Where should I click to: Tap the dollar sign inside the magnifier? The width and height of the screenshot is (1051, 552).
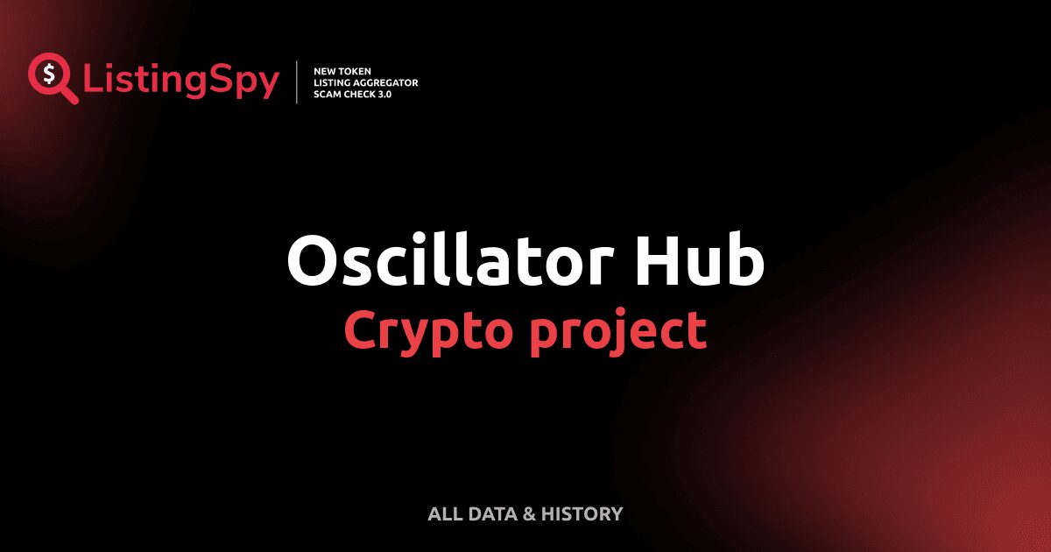coord(47,73)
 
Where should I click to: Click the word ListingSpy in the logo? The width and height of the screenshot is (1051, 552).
coord(181,81)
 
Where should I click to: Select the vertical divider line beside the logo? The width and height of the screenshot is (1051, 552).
coord(298,82)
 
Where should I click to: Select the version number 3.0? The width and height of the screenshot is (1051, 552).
coord(384,94)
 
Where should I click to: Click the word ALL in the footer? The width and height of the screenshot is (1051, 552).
coord(443,513)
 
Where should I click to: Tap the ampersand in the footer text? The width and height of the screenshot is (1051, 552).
coord(529,513)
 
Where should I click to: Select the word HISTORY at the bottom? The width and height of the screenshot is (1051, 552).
coord(582,513)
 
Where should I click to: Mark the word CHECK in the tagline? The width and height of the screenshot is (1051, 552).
coord(360,94)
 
